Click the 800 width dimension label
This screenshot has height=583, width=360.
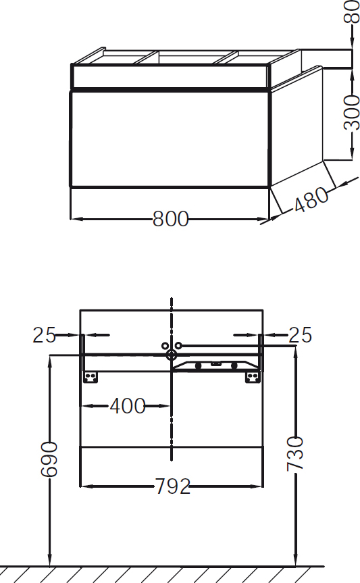pyautogui.click(x=170, y=219)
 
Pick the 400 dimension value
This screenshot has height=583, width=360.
pyautogui.click(x=128, y=406)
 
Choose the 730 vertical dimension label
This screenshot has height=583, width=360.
pyautogui.click(x=295, y=453)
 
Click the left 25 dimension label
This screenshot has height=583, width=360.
pyautogui.click(x=44, y=334)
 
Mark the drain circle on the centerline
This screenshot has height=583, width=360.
pyautogui.click(x=172, y=355)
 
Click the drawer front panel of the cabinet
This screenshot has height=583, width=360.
pyautogui.click(x=170, y=138)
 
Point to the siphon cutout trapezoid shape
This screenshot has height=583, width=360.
pyautogui.click(x=215, y=365)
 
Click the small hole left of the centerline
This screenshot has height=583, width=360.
pyautogui.click(x=165, y=345)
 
